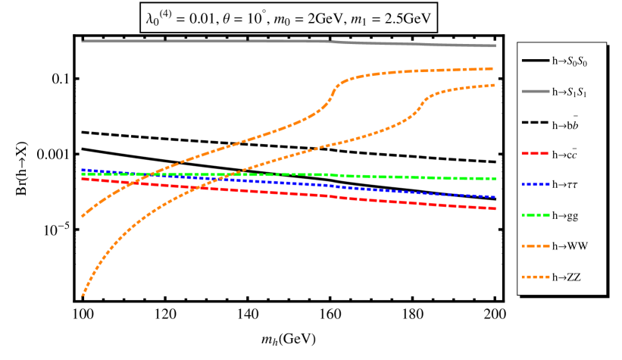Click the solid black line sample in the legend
tap(535, 61)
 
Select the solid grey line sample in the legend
tap(535, 92)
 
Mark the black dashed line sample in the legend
tap(535, 123)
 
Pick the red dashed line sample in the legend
tap(535, 154)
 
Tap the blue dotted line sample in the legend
tap(535, 185)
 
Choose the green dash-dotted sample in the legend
tap(535, 216)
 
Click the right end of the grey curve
tap(495, 46)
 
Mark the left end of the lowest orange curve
tap(82, 295)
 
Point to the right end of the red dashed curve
tap(495, 208)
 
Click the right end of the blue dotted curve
tap(495, 197)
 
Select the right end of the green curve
tap(495, 179)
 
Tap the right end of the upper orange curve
tap(495, 69)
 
